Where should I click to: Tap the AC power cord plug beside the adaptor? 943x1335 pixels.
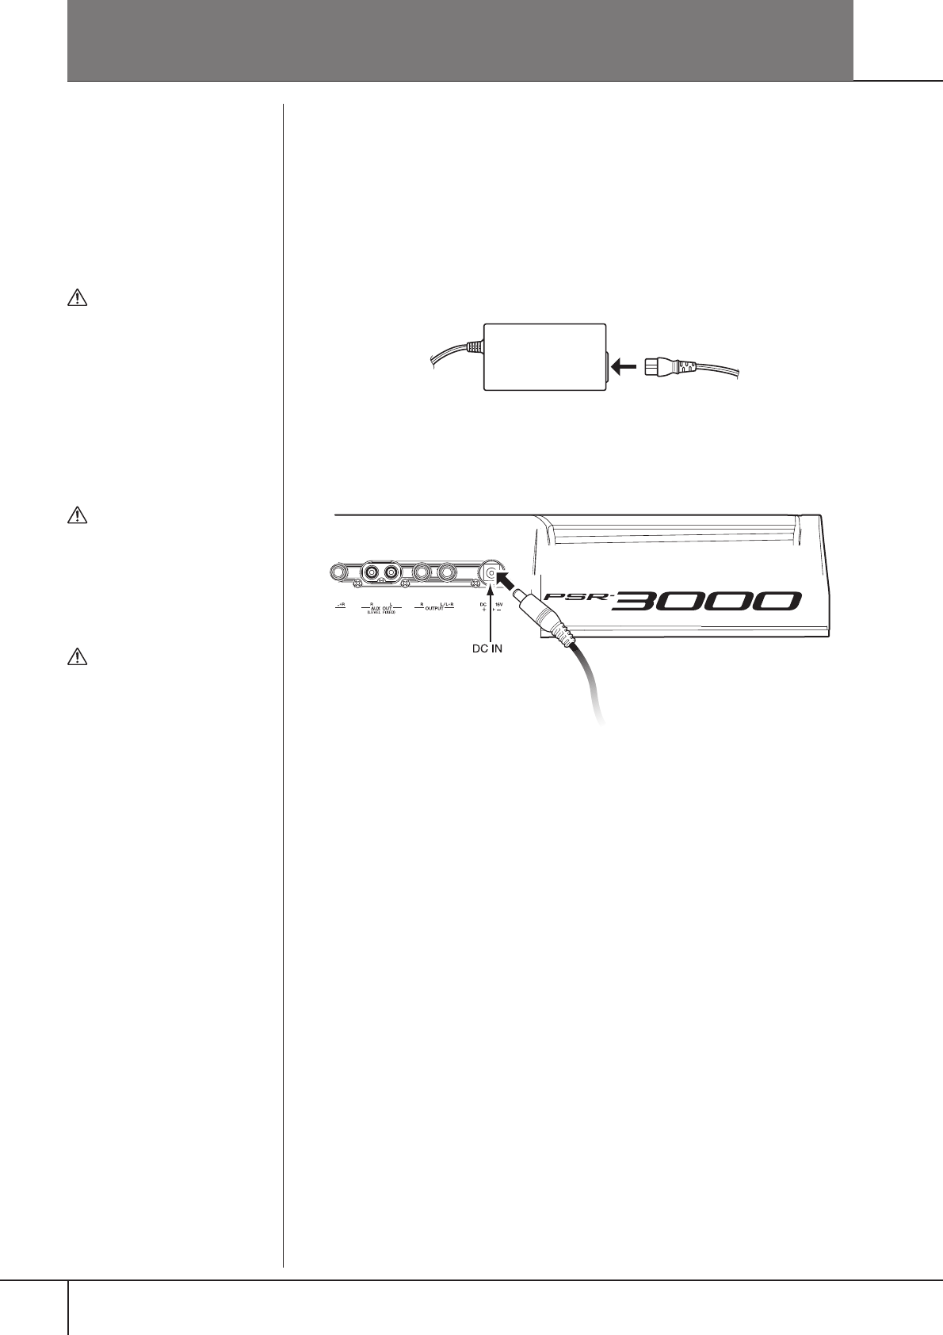click(662, 368)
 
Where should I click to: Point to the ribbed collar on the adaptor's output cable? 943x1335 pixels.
click(473, 346)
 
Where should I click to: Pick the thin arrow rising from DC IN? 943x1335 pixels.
click(491, 614)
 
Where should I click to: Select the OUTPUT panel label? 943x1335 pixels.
click(434, 608)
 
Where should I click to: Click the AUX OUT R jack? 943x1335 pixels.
click(371, 572)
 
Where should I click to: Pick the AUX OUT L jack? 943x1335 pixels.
click(391, 572)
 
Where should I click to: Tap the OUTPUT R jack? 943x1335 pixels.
click(422, 572)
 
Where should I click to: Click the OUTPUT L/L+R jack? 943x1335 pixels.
click(448, 572)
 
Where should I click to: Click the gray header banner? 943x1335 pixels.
click(460, 40)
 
